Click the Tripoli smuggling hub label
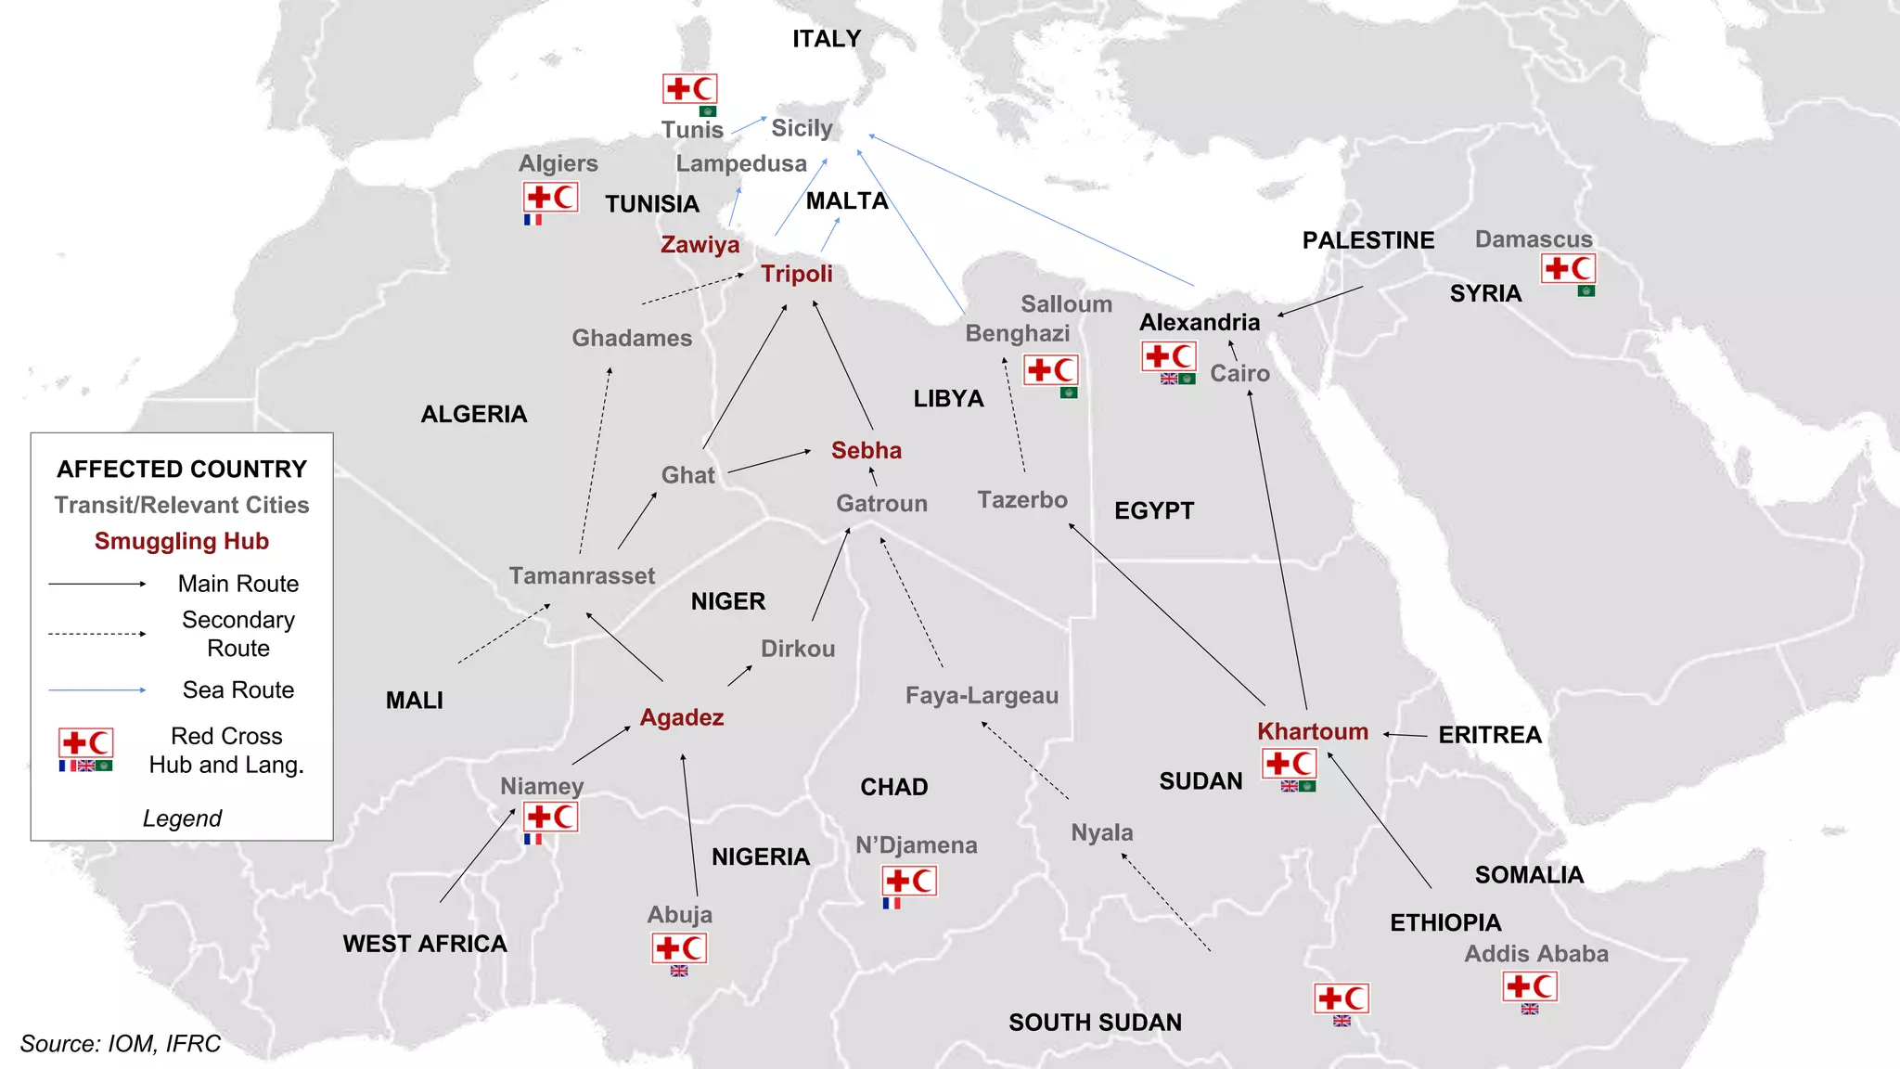coord(796,274)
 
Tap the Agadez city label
coord(682,717)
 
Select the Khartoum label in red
coord(1312,731)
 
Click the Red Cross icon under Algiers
coord(551,198)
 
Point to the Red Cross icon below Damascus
coord(1568,269)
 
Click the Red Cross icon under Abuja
coord(679,948)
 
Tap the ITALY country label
coord(827,39)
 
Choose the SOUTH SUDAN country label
coord(1095,1023)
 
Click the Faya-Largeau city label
coord(982,695)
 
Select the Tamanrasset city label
coord(582,575)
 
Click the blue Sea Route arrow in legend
coord(97,689)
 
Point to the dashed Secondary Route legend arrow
coord(97,634)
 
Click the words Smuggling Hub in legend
coord(182,541)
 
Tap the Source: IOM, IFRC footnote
coord(121,1044)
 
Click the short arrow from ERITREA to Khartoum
coord(1405,735)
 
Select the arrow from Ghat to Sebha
coord(769,462)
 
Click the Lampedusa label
coord(741,163)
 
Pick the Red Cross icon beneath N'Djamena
coord(909,881)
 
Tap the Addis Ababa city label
coord(1535,954)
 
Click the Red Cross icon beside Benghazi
coord(1051,370)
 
